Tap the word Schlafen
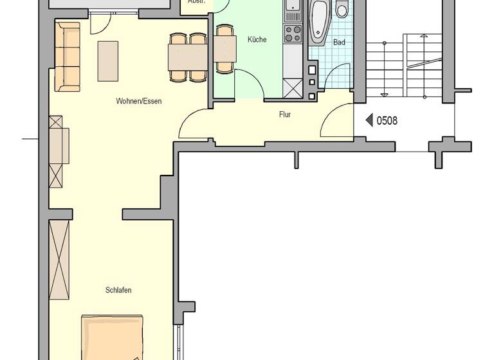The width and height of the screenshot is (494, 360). pos(118,290)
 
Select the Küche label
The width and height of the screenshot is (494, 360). pos(257,40)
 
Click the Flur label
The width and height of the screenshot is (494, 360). pos(285,116)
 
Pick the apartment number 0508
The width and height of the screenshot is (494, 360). pos(388,120)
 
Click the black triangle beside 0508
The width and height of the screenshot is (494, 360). pos(369,120)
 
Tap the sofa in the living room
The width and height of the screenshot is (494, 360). pos(67,56)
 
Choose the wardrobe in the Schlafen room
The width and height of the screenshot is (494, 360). pos(60,259)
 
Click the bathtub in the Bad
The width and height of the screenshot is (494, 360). pos(319,22)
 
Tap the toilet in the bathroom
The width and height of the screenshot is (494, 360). pos(342,10)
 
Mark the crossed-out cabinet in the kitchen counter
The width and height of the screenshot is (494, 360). pos(293,87)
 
